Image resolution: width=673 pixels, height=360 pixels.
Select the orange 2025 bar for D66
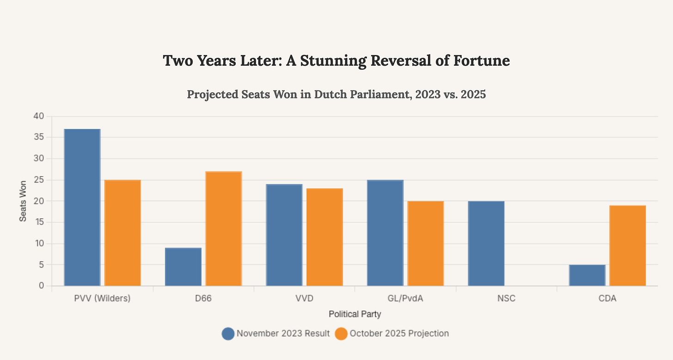224,228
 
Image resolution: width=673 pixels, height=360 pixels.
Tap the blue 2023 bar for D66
183,267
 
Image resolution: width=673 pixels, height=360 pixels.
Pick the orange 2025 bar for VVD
324,237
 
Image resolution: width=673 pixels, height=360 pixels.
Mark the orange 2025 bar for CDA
627,245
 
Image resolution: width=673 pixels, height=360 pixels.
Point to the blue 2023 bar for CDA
587,275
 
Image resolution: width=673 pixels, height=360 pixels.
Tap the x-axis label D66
203,298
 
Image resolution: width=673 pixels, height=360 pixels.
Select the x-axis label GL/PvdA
405,298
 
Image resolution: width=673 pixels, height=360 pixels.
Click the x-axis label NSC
507,298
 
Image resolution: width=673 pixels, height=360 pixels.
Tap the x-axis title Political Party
355,314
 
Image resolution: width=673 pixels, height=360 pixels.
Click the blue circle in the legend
228,334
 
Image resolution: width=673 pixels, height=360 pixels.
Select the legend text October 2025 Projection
399,334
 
